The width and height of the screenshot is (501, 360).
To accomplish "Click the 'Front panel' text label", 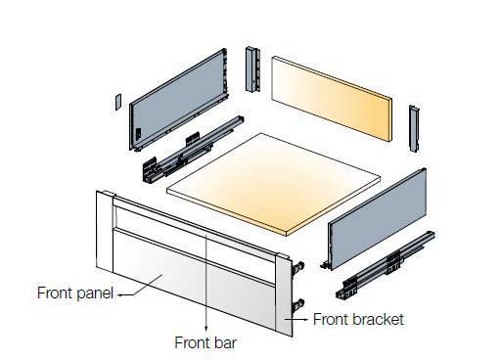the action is [x=75, y=292].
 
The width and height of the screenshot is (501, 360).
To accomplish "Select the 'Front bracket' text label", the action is [x=358, y=319].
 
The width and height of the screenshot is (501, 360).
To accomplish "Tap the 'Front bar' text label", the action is [x=205, y=342].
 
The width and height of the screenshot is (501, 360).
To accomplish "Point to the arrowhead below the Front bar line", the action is [x=205, y=328].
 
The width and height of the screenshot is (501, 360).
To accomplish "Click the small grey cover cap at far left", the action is [x=118, y=102].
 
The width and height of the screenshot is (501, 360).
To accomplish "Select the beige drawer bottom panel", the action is [x=273, y=184].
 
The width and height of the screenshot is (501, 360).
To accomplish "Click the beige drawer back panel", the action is [x=332, y=99].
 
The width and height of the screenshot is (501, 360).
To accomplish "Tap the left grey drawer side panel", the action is [x=178, y=99].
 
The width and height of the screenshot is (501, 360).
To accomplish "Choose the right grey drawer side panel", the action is [x=378, y=218].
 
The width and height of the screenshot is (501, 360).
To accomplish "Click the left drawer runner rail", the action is [x=193, y=149].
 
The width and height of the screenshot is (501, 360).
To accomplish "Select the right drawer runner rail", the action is [x=386, y=265].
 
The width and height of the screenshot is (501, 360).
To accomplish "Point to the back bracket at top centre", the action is [x=252, y=69].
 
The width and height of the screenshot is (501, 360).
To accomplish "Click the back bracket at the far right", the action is [x=414, y=128].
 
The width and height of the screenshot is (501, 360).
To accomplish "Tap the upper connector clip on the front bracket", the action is [x=298, y=267].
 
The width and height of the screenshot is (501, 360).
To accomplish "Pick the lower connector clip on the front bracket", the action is [x=298, y=305].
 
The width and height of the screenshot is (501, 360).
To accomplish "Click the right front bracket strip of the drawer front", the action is [x=284, y=294].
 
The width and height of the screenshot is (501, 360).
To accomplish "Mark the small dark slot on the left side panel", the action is [x=138, y=134].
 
